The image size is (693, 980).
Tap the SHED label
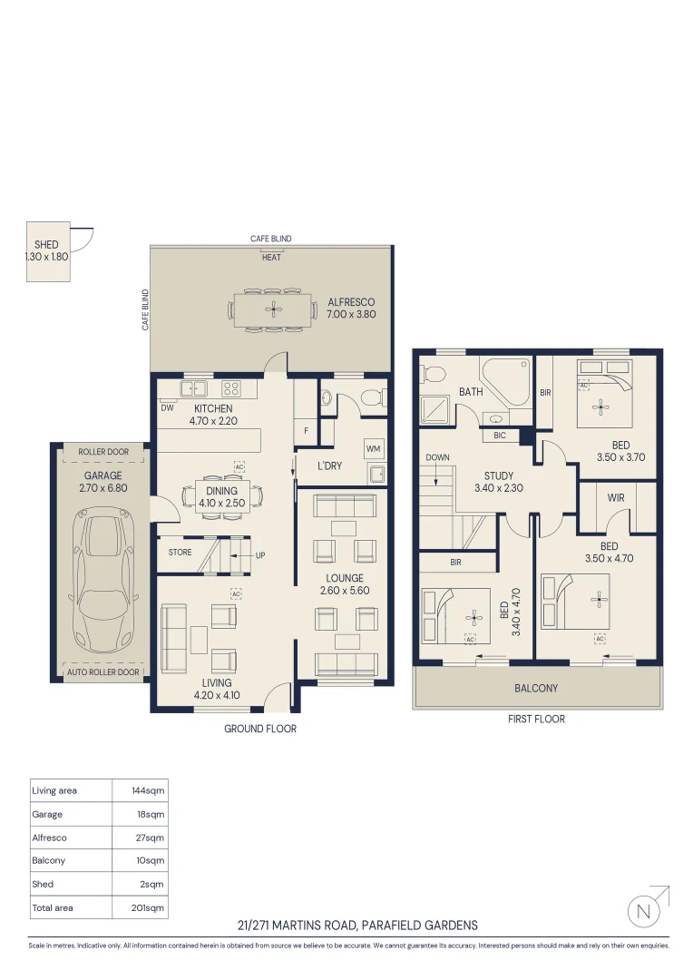tap(46, 245)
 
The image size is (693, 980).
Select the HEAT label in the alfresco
tap(271, 258)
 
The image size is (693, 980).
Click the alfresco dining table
tap(273, 309)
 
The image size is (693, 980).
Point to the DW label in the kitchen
tap(167, 408)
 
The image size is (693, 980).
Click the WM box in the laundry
tap(373, 449)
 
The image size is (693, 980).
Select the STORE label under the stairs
tap(180, 553)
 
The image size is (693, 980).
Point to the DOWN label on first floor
tap(437, 458)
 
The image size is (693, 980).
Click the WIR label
tap(616, 498)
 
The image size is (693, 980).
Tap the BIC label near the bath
tap(500, 436)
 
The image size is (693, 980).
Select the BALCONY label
tap(536, 689)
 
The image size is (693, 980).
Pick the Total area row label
tap(53, 907)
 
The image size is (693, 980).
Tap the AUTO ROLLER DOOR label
tap(103, 672)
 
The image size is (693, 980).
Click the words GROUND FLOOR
tap(260, 729)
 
